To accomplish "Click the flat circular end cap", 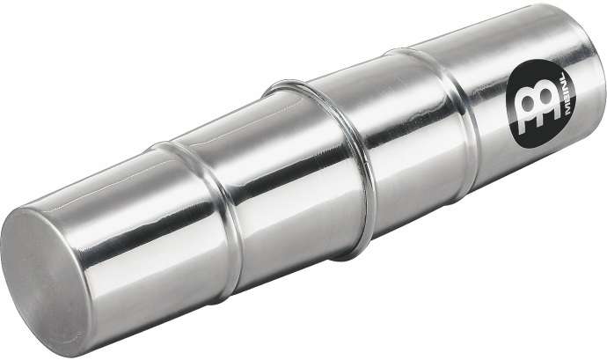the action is pyautogui.click(x=45, y=283).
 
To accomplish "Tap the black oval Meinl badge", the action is pyautogui.click(x=541, y=104).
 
